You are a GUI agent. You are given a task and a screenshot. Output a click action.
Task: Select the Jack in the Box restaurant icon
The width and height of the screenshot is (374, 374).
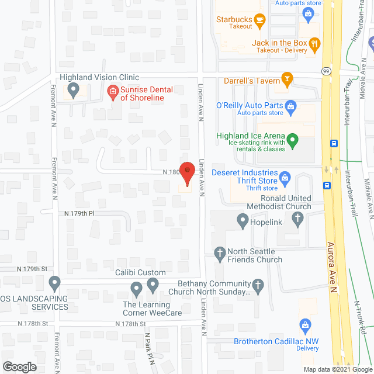[314, 43]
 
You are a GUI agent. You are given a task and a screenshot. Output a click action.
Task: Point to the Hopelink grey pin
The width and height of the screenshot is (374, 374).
[243, 220]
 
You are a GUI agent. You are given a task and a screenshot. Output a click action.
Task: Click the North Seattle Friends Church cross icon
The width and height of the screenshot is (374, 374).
[220, 253]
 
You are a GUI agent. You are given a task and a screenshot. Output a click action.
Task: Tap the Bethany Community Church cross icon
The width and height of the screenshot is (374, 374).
[258, 285]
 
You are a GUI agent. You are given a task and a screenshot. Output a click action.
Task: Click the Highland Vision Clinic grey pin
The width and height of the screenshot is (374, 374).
[73, 90]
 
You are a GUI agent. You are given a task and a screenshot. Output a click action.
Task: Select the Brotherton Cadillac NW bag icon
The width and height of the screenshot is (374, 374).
[304, 325]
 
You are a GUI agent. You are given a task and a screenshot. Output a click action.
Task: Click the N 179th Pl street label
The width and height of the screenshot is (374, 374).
[79, 213]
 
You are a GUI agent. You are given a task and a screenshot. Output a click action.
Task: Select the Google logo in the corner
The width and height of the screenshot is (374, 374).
[19, 366]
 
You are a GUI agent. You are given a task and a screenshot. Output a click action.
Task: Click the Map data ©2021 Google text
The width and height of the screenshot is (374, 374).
[337, 369]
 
